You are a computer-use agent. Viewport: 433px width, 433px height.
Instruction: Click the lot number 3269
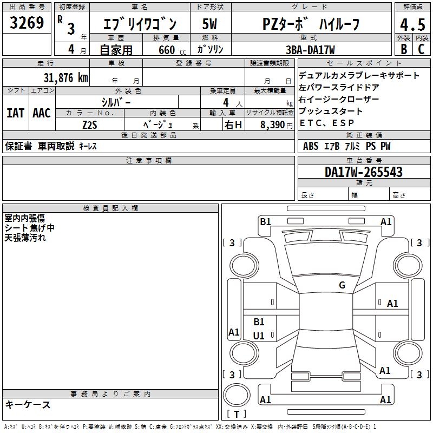point(27,23)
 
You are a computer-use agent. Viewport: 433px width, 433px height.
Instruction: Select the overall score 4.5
point(412,25)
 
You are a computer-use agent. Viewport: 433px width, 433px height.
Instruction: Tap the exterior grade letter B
point(403,49)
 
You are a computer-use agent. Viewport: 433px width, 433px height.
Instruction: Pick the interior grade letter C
point(421,49)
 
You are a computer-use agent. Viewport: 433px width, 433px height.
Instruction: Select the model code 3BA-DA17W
point(310,50)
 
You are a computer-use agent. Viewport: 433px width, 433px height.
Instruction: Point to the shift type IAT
point(15,113)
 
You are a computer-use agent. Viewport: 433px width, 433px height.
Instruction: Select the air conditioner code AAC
point(41,113)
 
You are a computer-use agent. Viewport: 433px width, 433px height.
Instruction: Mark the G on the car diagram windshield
point(342,285)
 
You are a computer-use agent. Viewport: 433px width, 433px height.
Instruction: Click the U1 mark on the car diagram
point(259,336)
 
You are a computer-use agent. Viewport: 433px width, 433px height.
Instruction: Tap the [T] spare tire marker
point(236,414)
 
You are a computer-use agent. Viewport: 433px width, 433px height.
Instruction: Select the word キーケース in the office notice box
point(28,405)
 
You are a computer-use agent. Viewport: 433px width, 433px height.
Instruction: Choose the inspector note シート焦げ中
point(29,228)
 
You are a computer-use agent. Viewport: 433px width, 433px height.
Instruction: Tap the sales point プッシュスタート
point(331,111)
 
